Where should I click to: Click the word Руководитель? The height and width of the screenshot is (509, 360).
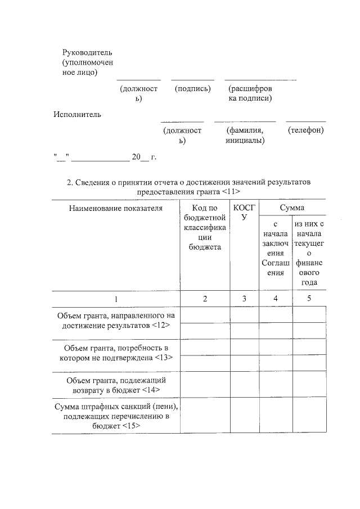83,52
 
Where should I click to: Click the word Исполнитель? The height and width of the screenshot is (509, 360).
77,115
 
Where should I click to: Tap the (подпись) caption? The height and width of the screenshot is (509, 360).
192,89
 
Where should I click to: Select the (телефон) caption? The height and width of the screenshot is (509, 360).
305,130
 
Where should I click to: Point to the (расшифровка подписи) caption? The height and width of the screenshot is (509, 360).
250,93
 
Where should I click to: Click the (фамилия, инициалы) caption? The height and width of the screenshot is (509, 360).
245,135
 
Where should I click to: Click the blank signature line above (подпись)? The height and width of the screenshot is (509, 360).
192,80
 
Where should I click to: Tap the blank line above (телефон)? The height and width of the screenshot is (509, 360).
305,121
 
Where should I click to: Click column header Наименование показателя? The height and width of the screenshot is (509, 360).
115,208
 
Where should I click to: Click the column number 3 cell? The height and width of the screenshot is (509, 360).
244,299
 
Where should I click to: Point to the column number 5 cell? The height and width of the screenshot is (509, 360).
309,299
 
